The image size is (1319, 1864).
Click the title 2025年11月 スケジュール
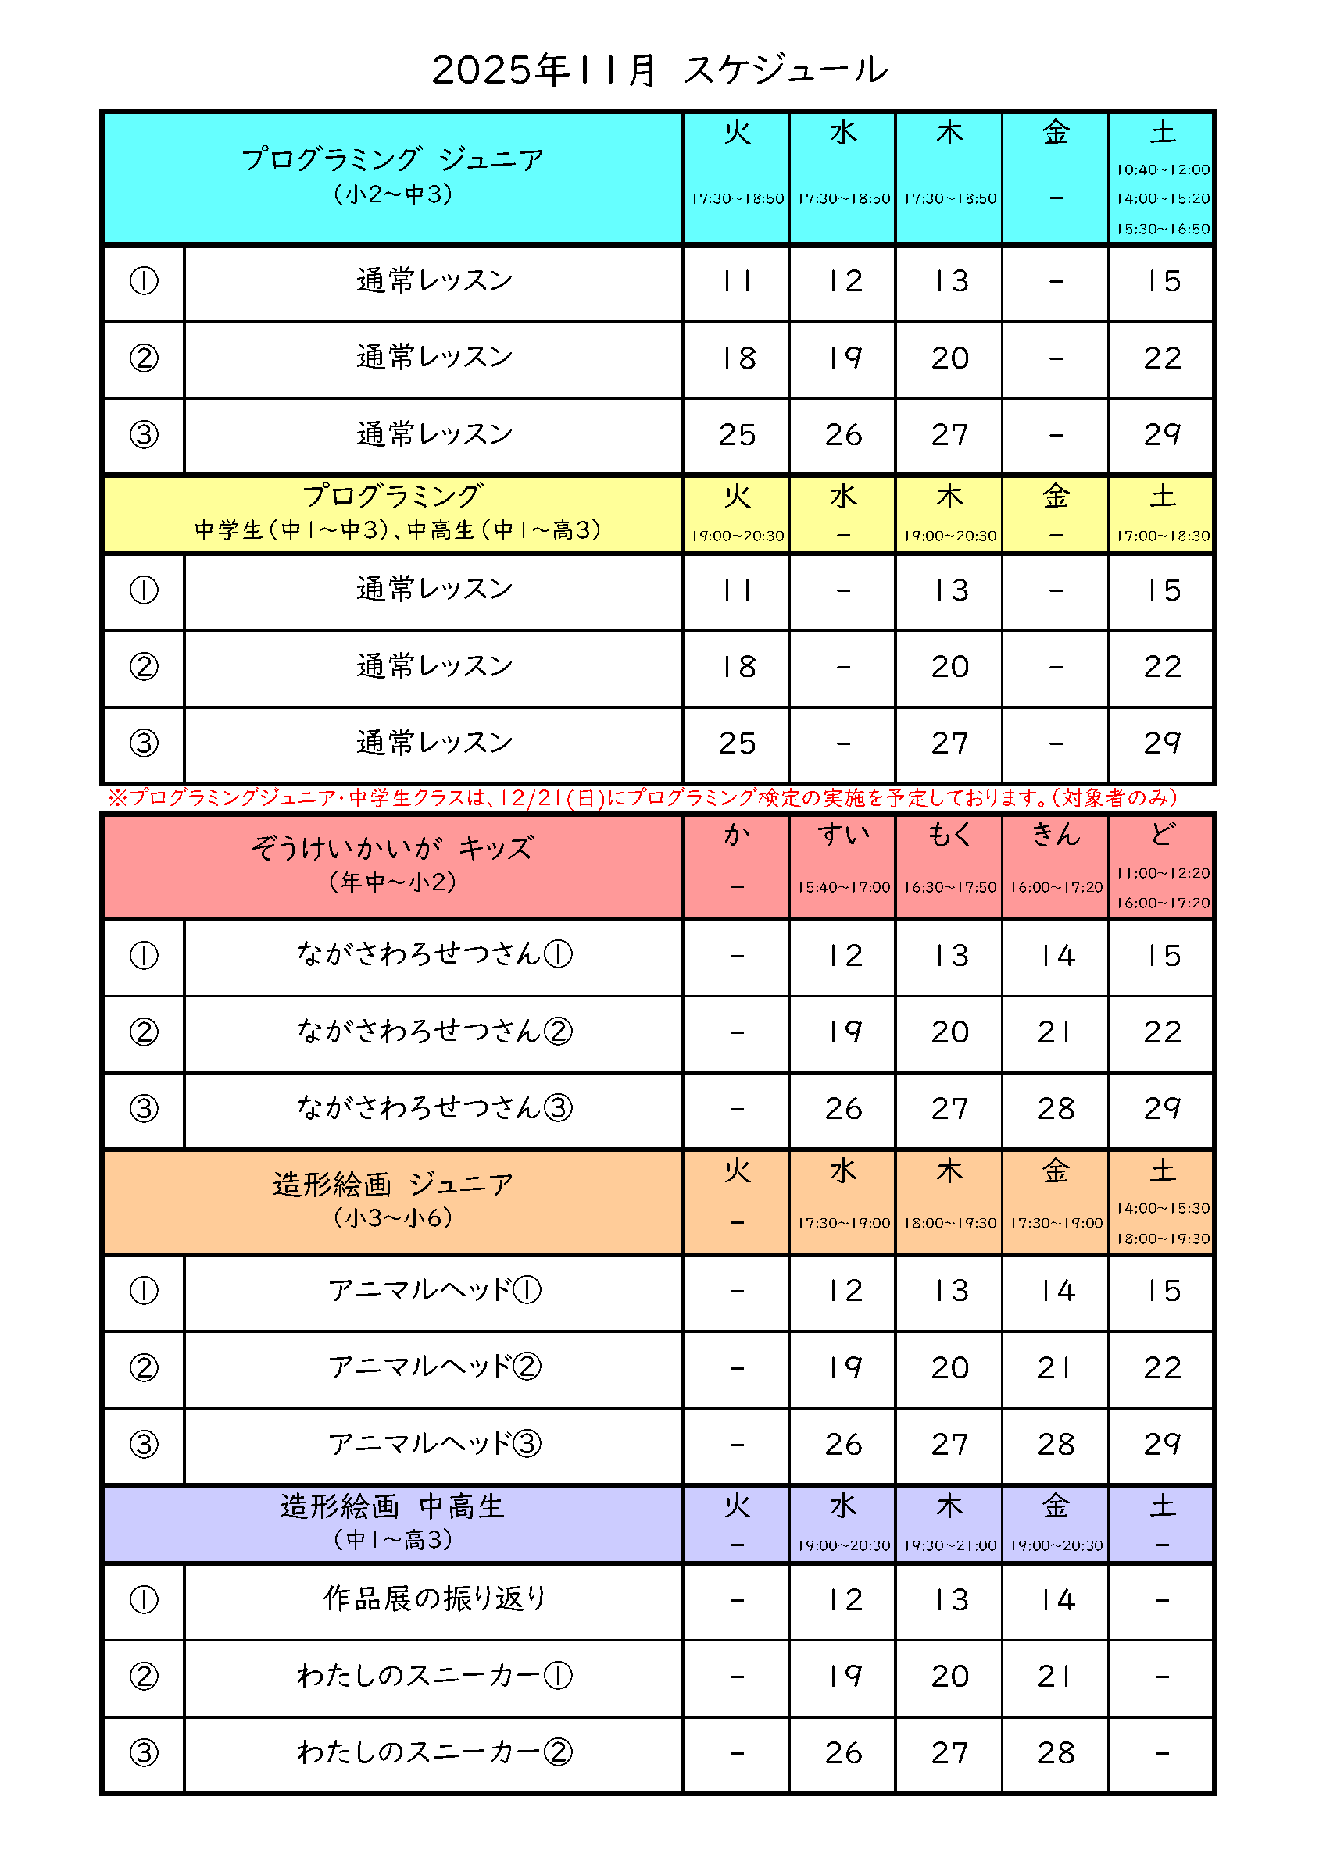pos(659,69)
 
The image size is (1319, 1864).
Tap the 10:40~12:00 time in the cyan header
pos(1162,169)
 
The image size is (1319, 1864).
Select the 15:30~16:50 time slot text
pos(1162,229)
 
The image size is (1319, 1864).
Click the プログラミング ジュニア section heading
pos(392,159)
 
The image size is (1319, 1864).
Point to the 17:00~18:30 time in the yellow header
pos(1162,536)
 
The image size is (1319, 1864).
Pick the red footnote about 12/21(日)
pos(642,798)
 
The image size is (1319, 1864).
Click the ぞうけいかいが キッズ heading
pos(392,848)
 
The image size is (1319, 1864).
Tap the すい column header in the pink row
pos(843,835)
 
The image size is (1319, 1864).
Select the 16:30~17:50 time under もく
pos(949,887)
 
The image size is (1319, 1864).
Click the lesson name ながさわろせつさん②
pos(434,1031)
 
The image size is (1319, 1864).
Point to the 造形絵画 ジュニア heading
pos(392,1185)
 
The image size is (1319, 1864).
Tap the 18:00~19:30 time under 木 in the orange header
pos(949,1223)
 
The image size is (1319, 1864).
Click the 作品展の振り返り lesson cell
pos(434,1598)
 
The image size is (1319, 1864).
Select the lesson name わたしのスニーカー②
pos(434,1752)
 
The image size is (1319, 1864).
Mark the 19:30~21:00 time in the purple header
pos(949,1545)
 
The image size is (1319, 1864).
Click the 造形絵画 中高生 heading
pos(392,1507)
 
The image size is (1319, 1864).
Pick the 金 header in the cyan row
pos(1055,132)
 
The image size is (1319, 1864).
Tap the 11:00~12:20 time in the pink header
pos(1162,874)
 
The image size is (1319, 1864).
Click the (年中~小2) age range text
pos(392,882)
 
